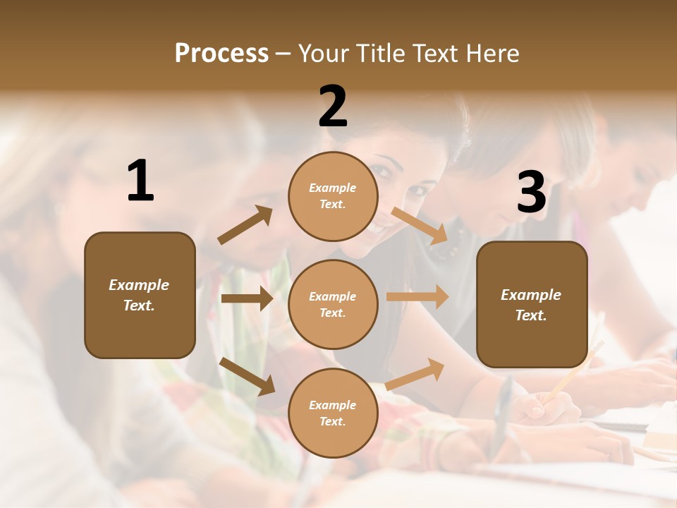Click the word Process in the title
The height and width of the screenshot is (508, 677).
pyautogui.click(x=221, y=54)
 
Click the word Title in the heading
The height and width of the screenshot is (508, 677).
pyautogui.click(x=381, y=54)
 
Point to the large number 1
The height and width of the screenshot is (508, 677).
pyautogui.click(x=140, y=181)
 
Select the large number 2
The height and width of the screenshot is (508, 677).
pyautogui.click(x=333, y=107)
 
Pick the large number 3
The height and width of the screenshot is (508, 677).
pyautogui.click(x=531, y=193)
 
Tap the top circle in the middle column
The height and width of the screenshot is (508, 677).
pyautogui.click(x=333, y=196)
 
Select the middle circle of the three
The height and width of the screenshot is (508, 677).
pyautogui.click(x=333, y=304)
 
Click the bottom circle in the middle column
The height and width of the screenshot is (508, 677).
pyautogui.click(x=333, y=413)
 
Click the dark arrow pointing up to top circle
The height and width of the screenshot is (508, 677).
pyautogui.click(x=245, y=225)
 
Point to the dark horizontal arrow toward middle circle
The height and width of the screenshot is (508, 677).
pyautogui.click(x=247, y=299)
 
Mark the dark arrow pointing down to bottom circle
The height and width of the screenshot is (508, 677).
pyautogui.click(x=248, y=376)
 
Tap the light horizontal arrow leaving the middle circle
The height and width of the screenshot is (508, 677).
pyautogui.click(x=417, y=296)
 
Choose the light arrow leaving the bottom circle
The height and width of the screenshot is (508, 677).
pyautogui.click(x=415, y=374)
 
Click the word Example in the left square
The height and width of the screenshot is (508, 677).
pyautogui.click(x=139, y=285)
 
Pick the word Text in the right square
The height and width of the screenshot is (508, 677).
pyautogui.click(x=531, y=315)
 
